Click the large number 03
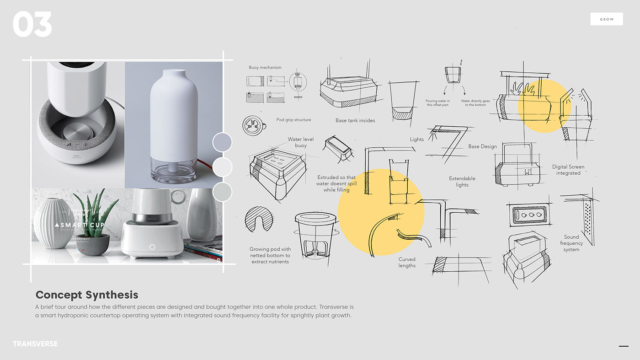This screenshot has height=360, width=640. point(32,24)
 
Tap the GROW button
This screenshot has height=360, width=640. point(607,19)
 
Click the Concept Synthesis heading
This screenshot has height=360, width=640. point(87,295)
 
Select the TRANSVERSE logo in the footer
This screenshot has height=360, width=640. point(35,344)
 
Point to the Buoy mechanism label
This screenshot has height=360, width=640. point(265,67)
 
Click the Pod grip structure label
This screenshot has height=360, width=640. point(293,120)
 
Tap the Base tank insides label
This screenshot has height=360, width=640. point(355,121)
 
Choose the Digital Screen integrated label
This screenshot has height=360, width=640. point(568,170)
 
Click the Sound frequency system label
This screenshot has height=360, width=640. point(571,243)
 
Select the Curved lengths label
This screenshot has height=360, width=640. point(407,262)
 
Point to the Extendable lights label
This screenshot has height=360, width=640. point(462,182)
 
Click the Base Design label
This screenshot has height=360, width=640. point(482,146)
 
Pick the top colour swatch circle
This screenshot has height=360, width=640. point(222,142)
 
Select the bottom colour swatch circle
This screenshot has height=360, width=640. point(222,192)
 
